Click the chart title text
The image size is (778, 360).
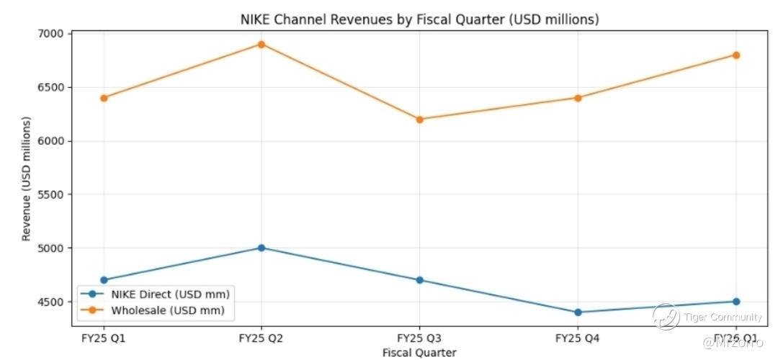tap(419, 19)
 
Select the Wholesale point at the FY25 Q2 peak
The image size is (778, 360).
tap(261, 44)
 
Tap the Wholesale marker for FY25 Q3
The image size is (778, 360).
tap(419, 119)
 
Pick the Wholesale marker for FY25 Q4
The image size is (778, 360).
tap(578, 98)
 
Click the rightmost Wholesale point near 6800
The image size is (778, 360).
tap(735, 55)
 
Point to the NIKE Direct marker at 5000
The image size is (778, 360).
tap(261, 248)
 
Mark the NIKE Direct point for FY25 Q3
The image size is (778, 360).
tap(419, 280)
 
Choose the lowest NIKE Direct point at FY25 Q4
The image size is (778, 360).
tap(578, 312)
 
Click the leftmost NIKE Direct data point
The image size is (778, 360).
tap(104, 280)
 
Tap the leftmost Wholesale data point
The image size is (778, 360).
tap(104, 98)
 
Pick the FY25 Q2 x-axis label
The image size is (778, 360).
tap(261, 338)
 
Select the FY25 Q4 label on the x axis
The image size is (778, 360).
tap(578, 338)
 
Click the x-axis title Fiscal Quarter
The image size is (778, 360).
tap(419, 352)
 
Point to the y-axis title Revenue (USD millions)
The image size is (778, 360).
tap(27, 179)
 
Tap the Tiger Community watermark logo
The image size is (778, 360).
tap(666, 317)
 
